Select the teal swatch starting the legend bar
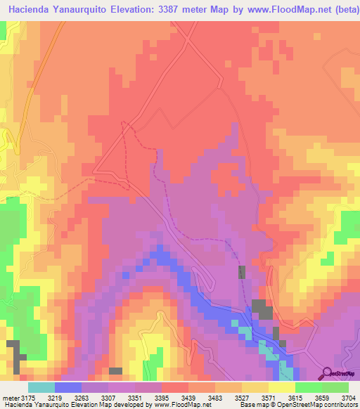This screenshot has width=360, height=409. (41, 387)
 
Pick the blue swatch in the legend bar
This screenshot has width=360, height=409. (67, 387)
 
